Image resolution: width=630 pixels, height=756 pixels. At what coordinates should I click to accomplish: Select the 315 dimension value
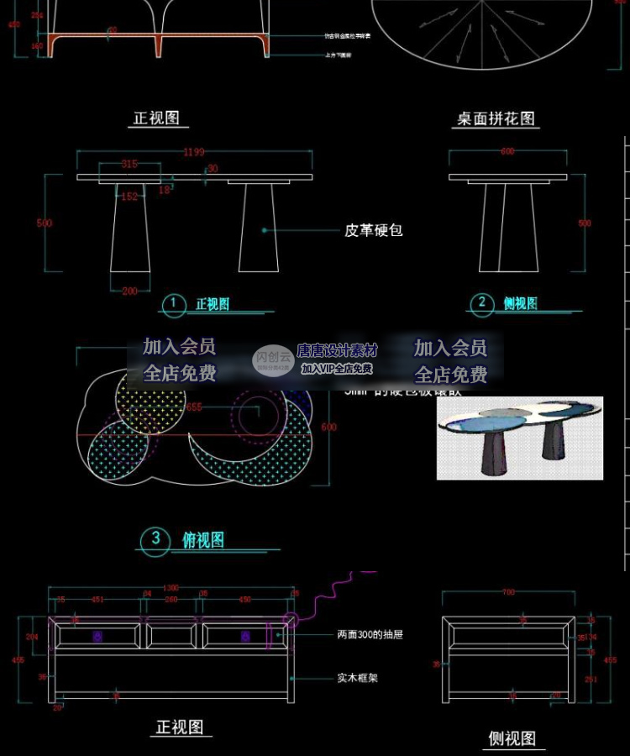point(129,165)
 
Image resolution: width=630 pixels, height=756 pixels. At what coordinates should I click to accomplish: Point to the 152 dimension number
point(129,197)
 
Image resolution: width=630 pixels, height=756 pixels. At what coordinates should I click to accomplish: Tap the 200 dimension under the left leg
point(130,291)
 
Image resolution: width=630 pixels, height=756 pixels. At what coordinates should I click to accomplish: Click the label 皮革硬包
point(374,229)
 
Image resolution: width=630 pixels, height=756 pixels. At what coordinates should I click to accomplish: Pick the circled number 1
point(173,304)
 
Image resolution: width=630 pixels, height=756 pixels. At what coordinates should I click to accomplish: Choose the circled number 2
point(481,303)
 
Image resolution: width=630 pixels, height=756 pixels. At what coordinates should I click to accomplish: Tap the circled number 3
point(155,539)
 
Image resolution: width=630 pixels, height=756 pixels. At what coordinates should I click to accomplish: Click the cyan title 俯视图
point(203,540)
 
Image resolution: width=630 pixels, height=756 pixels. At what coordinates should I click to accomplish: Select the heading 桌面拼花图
point(496,118)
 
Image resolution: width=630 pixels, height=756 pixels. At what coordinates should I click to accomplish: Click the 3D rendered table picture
point(520,438)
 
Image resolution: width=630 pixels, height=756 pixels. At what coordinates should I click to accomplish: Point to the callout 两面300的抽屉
point(370,635)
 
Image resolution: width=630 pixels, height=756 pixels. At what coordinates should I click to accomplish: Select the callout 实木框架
point(357,677)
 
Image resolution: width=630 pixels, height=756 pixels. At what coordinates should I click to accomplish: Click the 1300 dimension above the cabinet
point(171,588)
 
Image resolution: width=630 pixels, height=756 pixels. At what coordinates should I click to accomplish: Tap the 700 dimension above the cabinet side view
point(508,593)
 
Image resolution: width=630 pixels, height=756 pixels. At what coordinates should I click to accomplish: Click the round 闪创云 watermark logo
point(273,360)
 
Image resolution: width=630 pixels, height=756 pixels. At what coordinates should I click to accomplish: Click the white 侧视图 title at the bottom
point(512,738)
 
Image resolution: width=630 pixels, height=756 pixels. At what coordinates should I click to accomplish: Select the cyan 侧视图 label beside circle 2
point(521,303)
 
